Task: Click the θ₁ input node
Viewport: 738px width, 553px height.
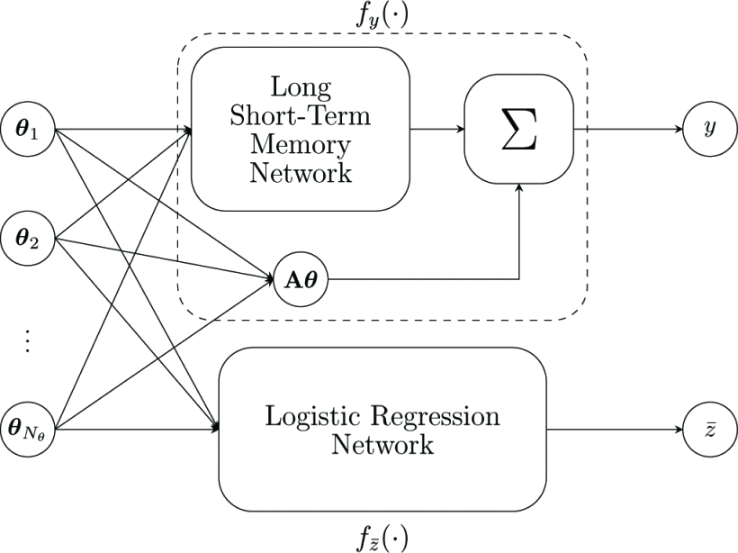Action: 30,130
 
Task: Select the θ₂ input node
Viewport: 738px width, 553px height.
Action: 30,240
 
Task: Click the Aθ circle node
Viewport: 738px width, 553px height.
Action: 300,280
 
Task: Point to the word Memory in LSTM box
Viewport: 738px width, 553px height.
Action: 301,144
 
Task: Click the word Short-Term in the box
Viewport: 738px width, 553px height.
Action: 301,116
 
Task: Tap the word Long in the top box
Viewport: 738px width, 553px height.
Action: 301,88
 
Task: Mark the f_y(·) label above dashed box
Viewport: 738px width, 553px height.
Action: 381,15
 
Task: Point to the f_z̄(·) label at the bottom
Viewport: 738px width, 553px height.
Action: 381,538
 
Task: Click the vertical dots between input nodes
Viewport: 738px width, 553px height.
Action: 28,340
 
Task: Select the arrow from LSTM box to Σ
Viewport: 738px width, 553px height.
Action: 436,130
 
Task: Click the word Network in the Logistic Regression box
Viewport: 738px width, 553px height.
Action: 382,445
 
